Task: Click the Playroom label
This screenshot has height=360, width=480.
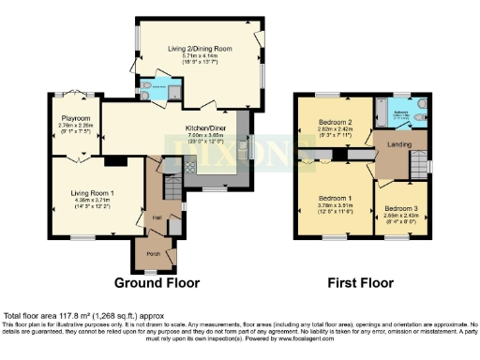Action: [75, 119]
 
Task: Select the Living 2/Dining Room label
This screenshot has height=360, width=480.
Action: [200, 48]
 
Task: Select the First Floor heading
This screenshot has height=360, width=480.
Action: [358, 281]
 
